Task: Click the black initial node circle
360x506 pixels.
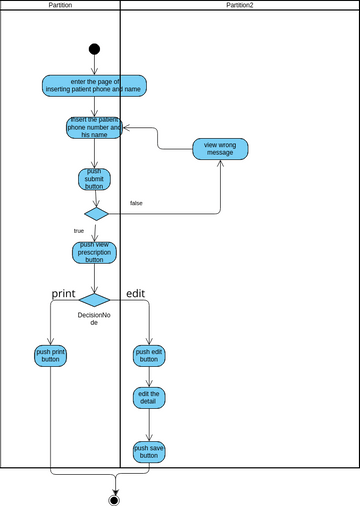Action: click(x=94, y=49)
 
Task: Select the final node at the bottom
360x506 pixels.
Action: click(x=114, y=499)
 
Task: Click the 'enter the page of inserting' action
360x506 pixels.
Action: click(x=94, y=85)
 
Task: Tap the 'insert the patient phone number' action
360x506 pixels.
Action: click(x=94, y=127)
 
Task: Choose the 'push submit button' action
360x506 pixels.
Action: click(x=94, y=179)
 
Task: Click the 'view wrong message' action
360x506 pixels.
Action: click(x=220, y=148)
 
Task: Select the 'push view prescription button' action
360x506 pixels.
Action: click(x=94, y=252)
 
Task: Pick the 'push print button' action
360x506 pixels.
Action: click(x=50, y=356)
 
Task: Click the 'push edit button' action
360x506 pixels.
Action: click(x=149, y=356)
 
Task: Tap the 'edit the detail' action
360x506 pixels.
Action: click(x=149, y=398)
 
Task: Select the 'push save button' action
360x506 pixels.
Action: click(x=149, y=452)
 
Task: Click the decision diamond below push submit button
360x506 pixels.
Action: click(x=96, y=213)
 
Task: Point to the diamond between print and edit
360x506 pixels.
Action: click(x=94, y=299)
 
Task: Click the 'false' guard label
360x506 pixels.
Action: click(x=136, y=203)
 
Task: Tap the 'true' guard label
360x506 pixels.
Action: click(x=79, y=230)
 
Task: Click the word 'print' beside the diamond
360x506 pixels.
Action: click(x=64, y=293)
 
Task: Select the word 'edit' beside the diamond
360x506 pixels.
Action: click(x=136, y=293)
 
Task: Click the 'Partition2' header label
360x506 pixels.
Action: click(x=239, y=5)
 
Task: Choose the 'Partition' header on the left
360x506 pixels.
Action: click(x=60, y=5)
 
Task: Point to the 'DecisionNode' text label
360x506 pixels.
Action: click(x=94, y=319)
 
